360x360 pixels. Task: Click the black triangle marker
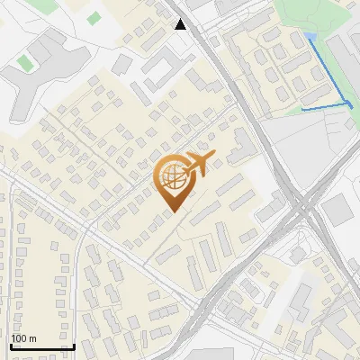181,24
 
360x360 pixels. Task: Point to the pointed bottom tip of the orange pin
171,212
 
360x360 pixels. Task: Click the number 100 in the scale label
19,338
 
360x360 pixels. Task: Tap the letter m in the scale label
33,338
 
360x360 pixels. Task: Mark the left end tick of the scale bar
11,345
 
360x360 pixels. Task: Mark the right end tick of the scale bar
74,345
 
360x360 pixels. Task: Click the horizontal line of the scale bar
42,346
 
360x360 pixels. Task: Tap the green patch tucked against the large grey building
24,62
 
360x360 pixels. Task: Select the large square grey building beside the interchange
337,211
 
